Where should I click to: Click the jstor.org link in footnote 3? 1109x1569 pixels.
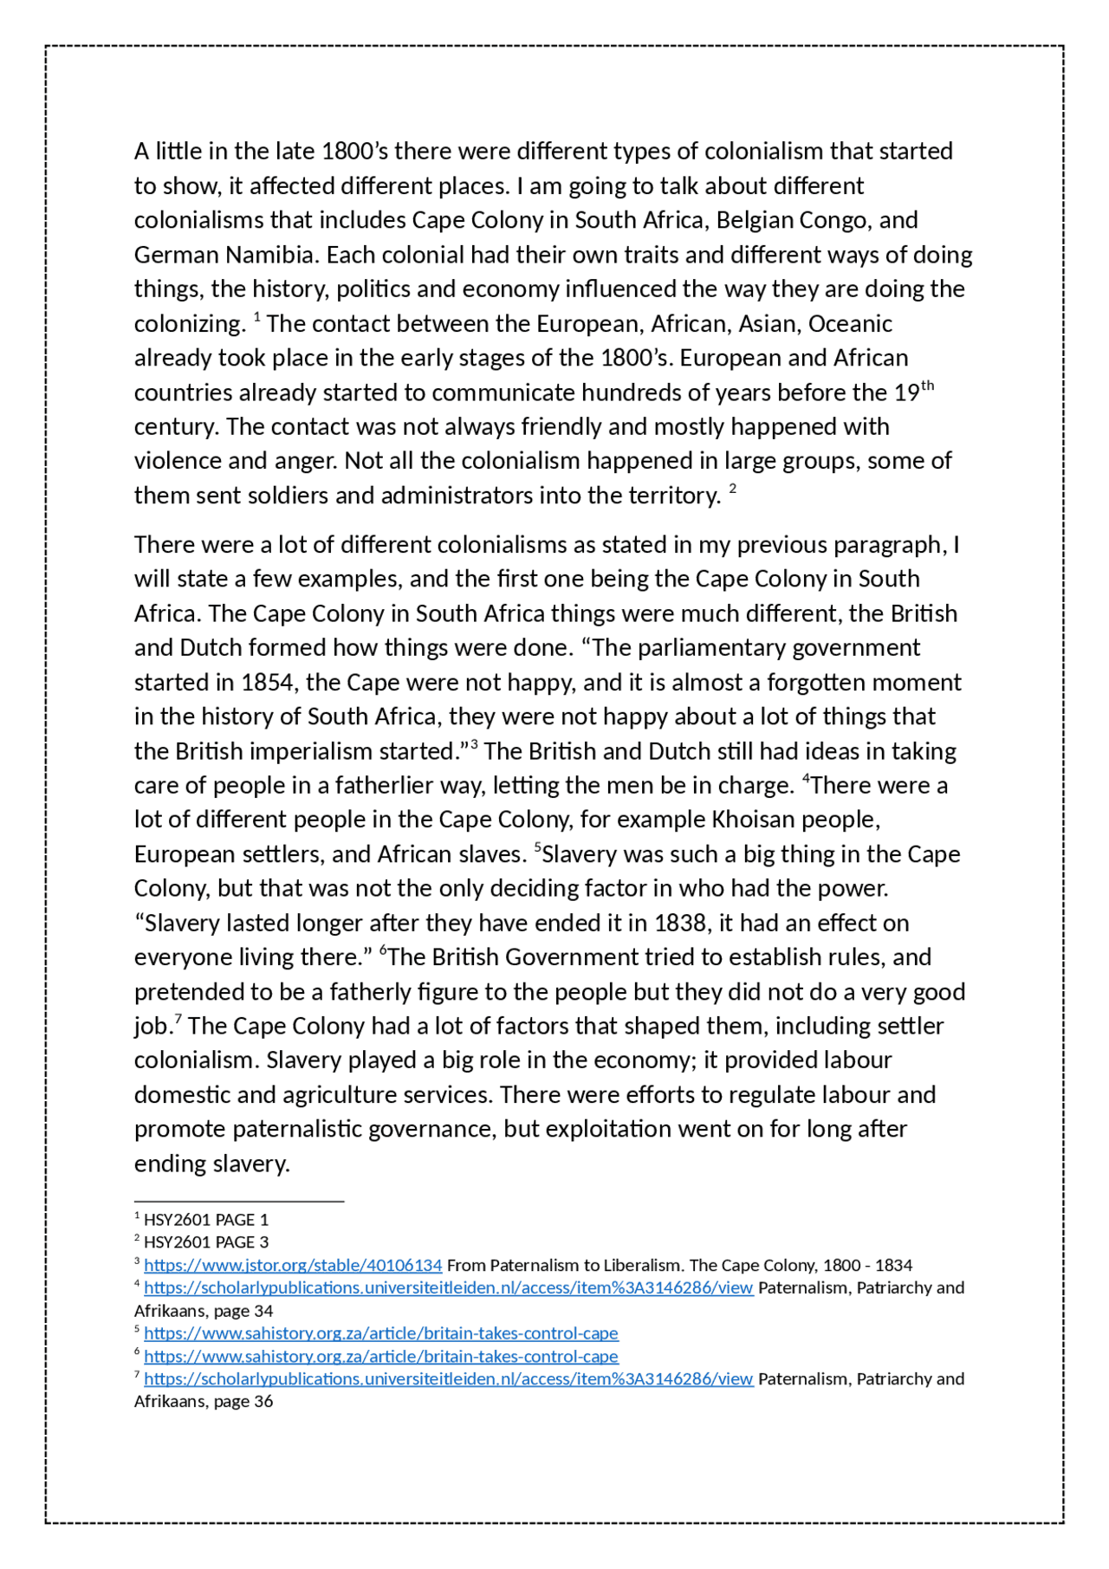(x=293, y=1265)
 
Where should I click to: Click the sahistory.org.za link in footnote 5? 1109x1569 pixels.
(x=380, y=1332)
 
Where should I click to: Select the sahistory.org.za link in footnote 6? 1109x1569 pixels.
(x=380, y=1356)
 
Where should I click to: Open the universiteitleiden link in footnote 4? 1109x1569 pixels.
(x=448, y=1287)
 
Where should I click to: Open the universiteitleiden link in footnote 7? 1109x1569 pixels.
(x=448, y=1378)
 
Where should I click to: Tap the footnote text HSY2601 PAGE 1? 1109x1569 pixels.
(x=206, y=1220)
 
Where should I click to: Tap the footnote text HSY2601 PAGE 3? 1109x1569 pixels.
(x=206, y=1242)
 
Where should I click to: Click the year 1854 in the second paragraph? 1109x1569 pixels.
(x=269, y=683)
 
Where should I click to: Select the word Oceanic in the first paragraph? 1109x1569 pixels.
(x=850, y=324)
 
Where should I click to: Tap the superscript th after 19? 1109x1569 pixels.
(x=927, y=386)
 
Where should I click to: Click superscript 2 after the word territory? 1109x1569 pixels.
(x=732, y=490)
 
